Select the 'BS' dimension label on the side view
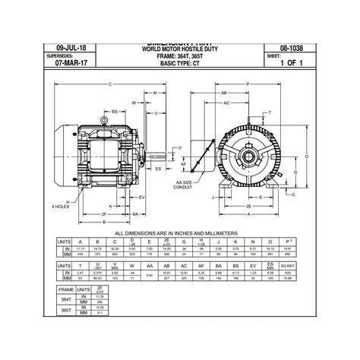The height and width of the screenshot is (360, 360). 115,112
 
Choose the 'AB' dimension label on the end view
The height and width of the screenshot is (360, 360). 226,93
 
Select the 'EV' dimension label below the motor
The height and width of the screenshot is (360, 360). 144,175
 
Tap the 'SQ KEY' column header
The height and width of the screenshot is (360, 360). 308,266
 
